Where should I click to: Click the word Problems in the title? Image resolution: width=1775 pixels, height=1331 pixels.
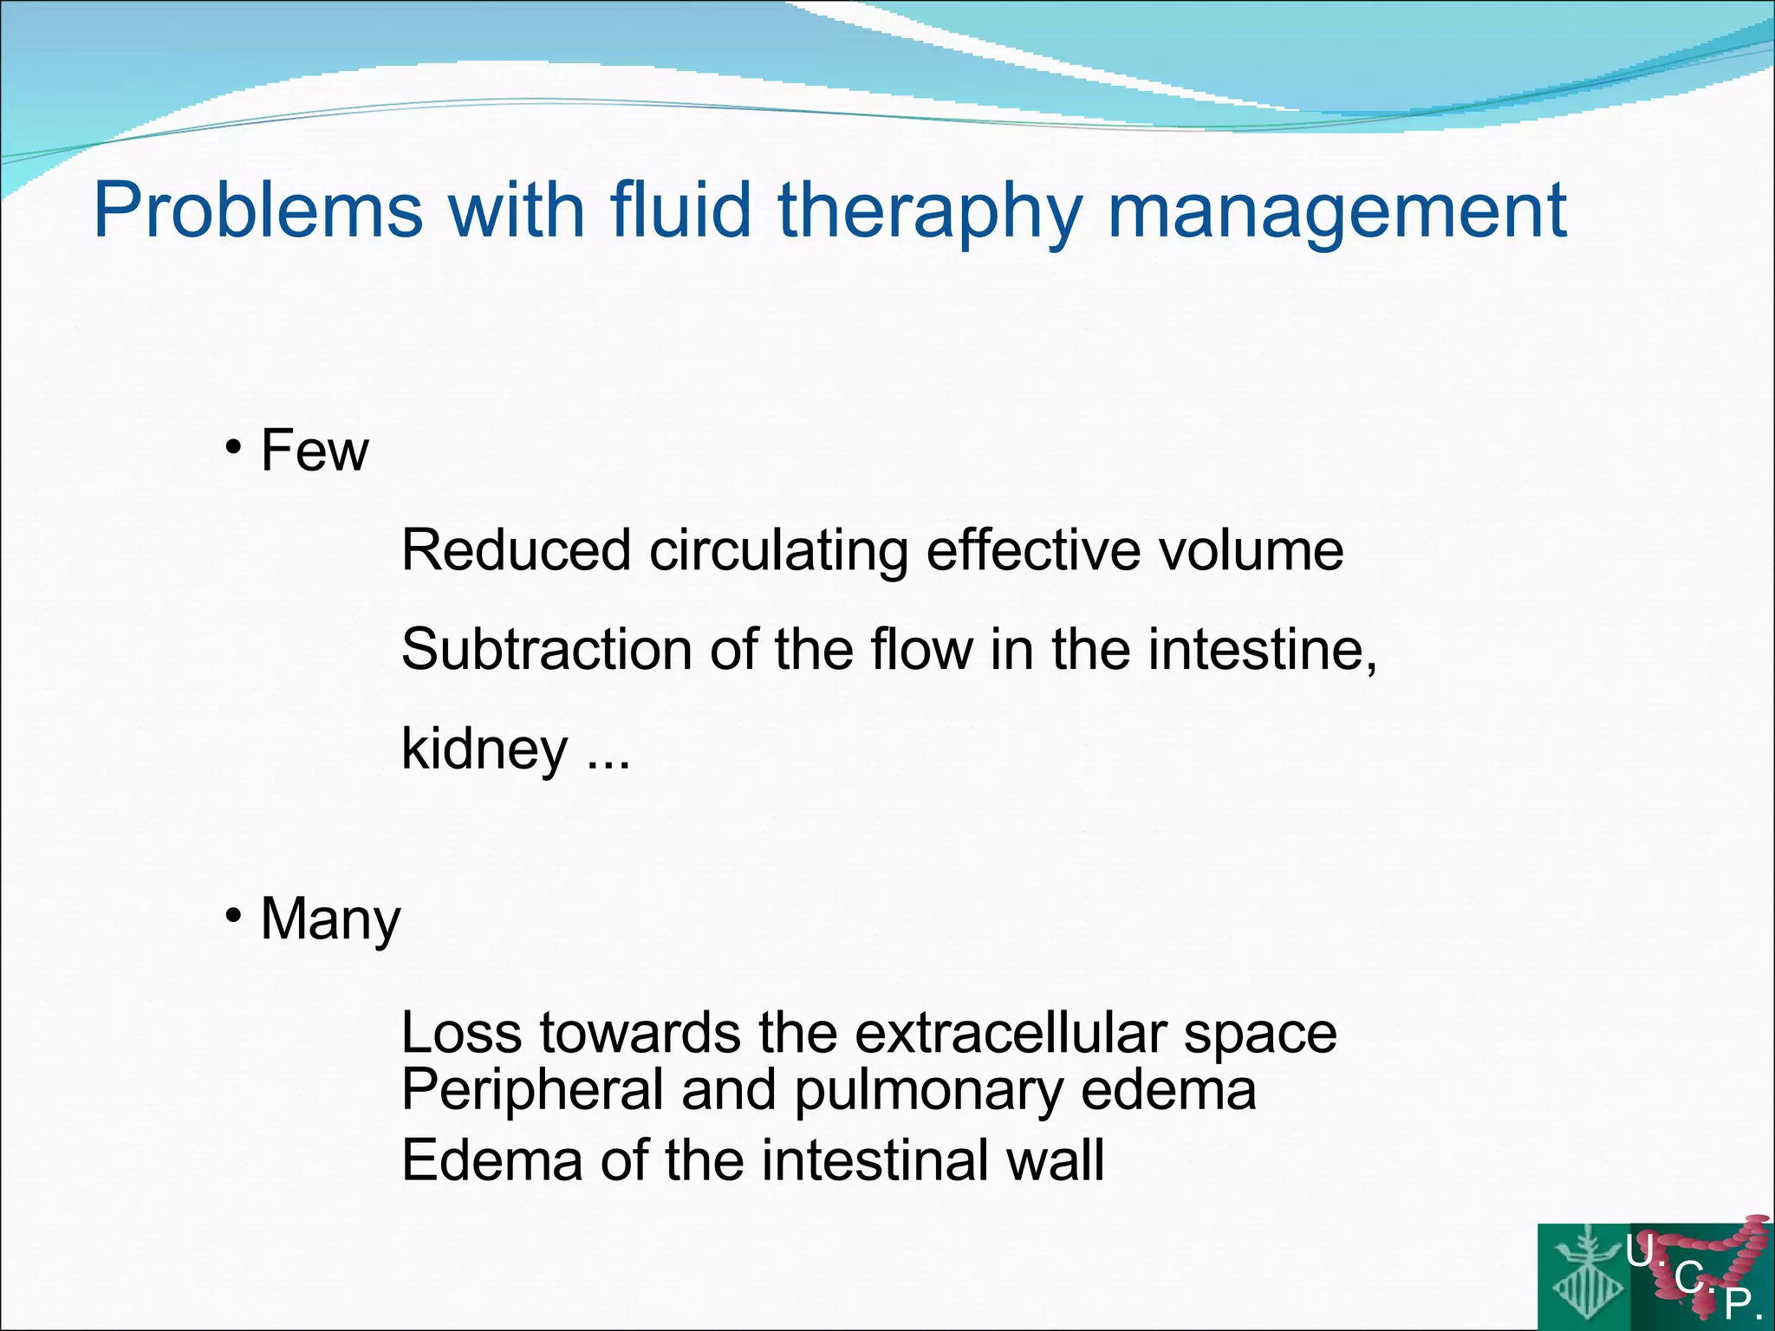258,211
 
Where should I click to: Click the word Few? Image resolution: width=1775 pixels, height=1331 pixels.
315,451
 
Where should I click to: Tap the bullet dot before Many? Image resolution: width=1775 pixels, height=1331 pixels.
232,915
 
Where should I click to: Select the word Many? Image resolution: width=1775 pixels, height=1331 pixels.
330,920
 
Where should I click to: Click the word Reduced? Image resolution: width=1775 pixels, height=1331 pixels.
516,550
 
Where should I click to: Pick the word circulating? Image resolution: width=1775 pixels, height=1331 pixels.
778,552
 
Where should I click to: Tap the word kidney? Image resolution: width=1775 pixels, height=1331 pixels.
484,750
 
